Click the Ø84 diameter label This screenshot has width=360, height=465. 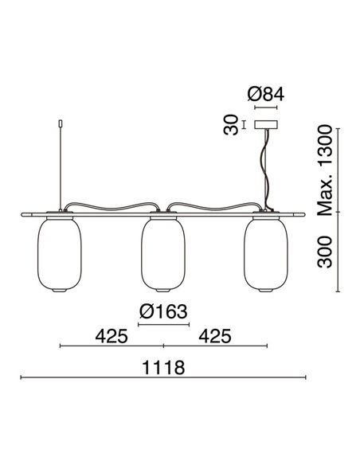[x=266, y=95]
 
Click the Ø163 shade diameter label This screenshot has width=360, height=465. [x=164, y=311]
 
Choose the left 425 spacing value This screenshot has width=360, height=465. [x=112, y=335]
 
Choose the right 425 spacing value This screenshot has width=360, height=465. [x=215, y=335]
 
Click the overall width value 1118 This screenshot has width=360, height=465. [x=165, y=369]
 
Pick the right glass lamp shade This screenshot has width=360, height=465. [x=266, y=255]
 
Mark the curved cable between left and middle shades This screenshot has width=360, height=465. [x=112, y=205]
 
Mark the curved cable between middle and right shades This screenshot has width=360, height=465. [x=215, y=205]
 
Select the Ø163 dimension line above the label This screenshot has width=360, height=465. [x=164, y=325]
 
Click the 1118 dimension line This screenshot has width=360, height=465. [x=163, y=377]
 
